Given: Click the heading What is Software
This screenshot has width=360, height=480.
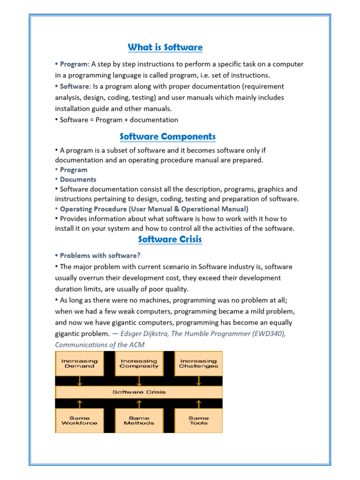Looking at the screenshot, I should point(165,47).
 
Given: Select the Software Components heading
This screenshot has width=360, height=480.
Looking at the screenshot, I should point(167,136).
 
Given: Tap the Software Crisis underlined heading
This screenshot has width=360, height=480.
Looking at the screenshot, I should point(170,239).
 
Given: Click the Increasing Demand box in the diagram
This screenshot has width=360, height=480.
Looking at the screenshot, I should point(80,363).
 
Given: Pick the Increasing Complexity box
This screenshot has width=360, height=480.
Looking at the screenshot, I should point(139,363).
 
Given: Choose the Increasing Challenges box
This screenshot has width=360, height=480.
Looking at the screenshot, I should point(198,363).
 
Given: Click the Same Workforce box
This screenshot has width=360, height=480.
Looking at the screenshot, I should point(80,420).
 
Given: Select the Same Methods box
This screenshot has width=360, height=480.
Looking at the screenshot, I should point(139,420).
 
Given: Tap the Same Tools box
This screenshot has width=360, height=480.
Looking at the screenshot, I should point(198,420).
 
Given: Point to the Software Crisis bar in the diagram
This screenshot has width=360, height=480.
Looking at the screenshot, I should point(139,392).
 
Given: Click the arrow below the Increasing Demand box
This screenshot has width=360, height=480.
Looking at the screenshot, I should point(80,381).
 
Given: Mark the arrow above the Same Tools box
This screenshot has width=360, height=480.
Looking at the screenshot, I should point(198,403).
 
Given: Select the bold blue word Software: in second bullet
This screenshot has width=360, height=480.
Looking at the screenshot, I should point(75,86).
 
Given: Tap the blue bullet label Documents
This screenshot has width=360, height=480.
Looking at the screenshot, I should point(78,179).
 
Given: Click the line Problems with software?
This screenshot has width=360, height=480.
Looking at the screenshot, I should point(100,255).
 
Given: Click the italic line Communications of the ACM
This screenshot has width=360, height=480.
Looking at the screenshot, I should point(100,345).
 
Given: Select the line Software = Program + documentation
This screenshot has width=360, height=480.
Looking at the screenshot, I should point(119,120).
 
